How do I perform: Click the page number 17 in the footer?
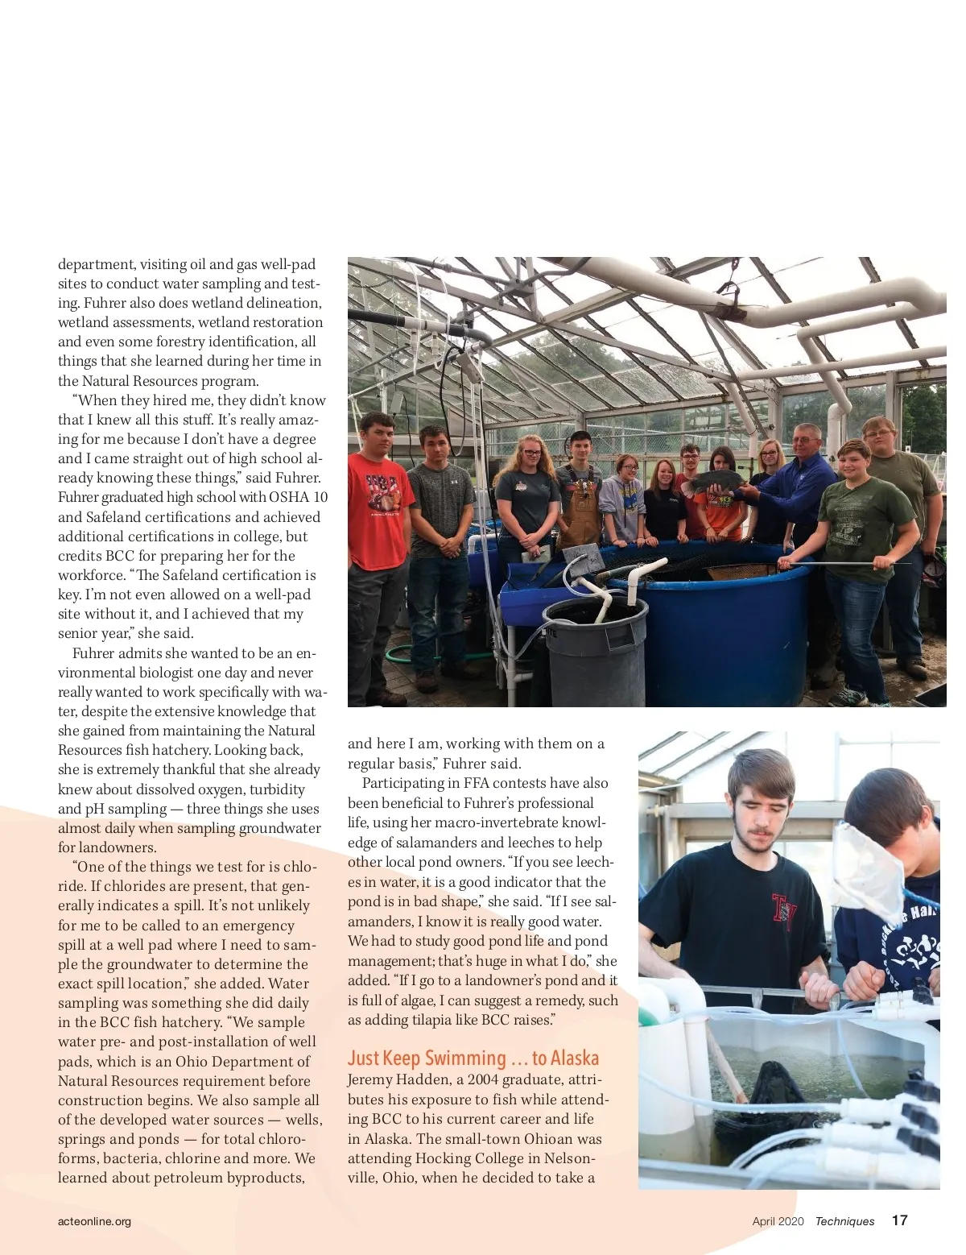coord(899,1220)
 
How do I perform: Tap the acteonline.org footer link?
coord(94,1221)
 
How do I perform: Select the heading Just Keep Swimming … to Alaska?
coord(473,1058)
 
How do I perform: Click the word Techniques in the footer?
coord(844,1221)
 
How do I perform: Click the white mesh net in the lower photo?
coord(868,870)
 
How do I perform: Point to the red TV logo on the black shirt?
coord(782,911)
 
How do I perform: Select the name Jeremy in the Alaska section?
coord(372,1079)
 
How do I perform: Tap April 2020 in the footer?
coord(778,1221)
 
